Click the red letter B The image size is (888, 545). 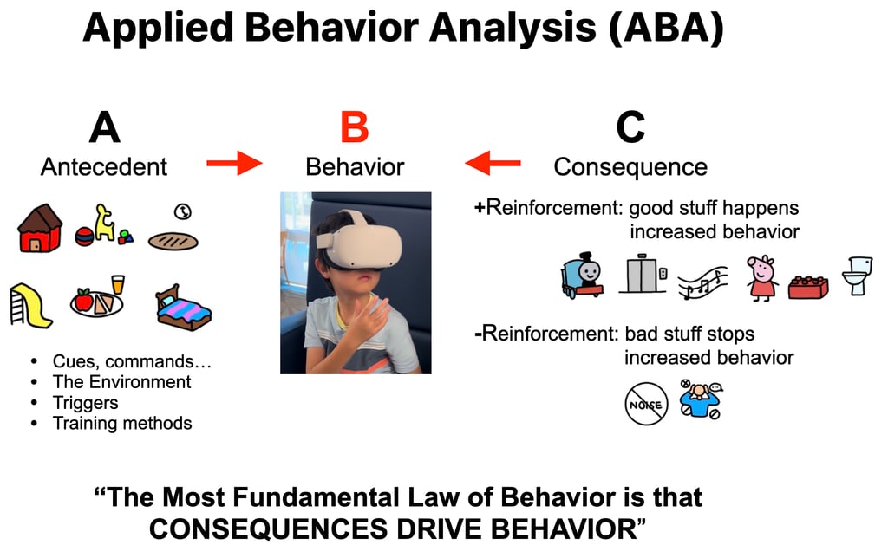pyautogui.click(x=354, y=127)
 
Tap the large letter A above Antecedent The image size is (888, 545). pyautogui.click(x=104, y=127)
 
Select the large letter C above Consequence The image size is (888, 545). pyautogui.click(x=630, y=127)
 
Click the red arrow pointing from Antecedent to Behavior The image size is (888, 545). pyautogui.click(x=234, y=163)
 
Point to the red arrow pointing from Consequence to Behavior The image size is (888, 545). pyautogui.click(x=493, y=163)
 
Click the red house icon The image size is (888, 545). pyautogui.click(x=41, y=228)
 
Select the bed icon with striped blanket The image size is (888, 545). pyautogui.click(x=185, y=308)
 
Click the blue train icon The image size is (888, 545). pyautogui.click(x=582, y=276)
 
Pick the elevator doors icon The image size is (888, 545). pyautogui.click(x=643, y=275)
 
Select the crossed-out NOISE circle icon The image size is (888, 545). pyautogui.click(x=646, y=404)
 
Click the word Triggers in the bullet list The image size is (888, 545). pyautogui.click(x=86, y=402)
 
